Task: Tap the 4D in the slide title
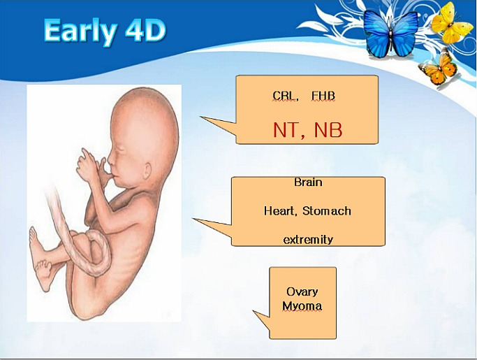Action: [x=146, y=30]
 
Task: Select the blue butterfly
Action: [x=390, y=33]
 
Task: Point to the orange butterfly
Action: [x=439, y=68]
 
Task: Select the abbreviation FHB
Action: [x=323, y=96]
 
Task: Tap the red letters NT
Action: [x=288, y=130]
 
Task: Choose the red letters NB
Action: [x=328, y=130]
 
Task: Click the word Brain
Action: [x=308, y=182]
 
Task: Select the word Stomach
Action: [x=327, y=211]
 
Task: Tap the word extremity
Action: [x=308, y=240]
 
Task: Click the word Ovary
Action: [x=302, y=292]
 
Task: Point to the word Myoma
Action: [x=302, y=306]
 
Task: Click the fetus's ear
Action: [x=147, y=171]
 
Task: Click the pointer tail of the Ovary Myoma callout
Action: [x=262, y=319]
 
